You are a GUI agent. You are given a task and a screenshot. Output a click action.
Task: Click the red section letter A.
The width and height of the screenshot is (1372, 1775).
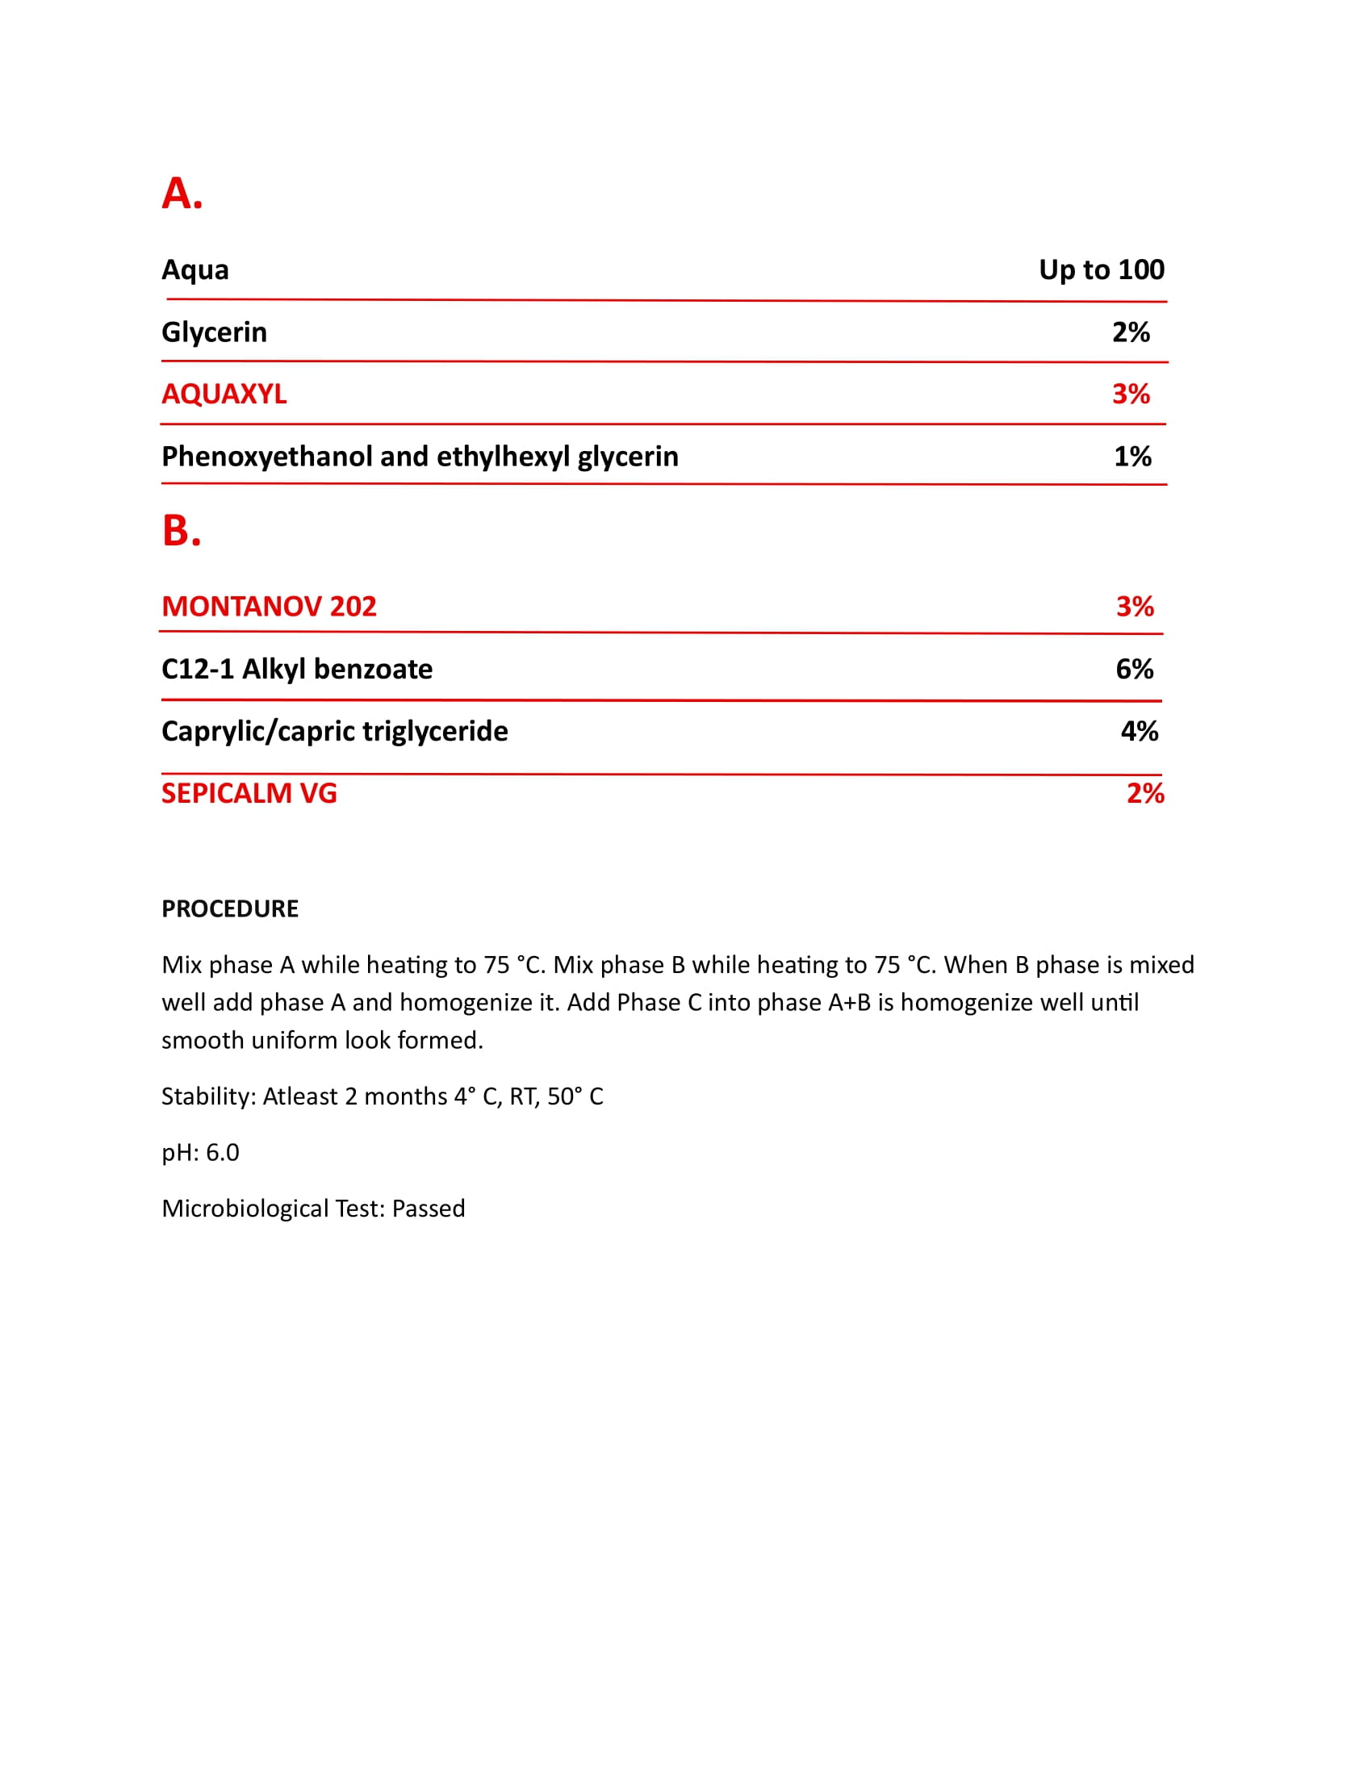(x=182, y=194)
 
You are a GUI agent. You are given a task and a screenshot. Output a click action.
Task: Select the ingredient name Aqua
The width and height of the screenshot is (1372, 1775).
(x=195, y=269)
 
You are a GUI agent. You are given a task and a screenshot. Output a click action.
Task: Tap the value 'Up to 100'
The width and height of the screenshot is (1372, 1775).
(x=1101, y=269)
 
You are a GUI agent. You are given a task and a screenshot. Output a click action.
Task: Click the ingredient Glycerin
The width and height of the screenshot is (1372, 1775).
(x=214, y=332)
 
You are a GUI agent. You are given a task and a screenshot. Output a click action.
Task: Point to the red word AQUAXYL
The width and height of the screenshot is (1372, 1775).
(x=224, y=395)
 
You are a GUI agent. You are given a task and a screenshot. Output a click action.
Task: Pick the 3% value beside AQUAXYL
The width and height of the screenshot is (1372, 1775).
(x=1131, y=395)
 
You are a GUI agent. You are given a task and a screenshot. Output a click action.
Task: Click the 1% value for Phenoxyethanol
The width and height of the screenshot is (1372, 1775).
(x=1132, y=457)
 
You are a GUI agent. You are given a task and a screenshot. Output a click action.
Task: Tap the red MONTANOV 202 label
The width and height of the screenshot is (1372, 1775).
(x=269, y=606)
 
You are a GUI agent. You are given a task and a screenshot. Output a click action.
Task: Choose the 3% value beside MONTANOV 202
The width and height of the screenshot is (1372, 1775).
(x=1135, y=606)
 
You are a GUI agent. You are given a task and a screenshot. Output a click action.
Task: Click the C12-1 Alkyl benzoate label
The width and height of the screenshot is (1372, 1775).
(x=297, y=669)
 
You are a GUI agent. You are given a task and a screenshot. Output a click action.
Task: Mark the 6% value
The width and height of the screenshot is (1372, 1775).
(x=1135, y=669)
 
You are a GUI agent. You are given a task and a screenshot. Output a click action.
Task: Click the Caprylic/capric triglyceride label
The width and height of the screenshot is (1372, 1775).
(x=334, y=732)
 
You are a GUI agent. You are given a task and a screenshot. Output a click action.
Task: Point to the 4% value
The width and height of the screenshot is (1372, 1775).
(x=1140, y=732)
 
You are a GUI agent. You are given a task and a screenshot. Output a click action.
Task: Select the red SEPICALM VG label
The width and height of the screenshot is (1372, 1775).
(x=249, y=793)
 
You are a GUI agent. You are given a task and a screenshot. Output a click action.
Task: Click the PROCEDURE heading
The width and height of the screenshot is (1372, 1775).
(x=230, y=908)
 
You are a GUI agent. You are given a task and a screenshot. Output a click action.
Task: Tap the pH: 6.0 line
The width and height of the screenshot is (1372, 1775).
(x=200, y=1152)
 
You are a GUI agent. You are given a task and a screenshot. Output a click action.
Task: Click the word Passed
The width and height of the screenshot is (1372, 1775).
(x=429, y=1209)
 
